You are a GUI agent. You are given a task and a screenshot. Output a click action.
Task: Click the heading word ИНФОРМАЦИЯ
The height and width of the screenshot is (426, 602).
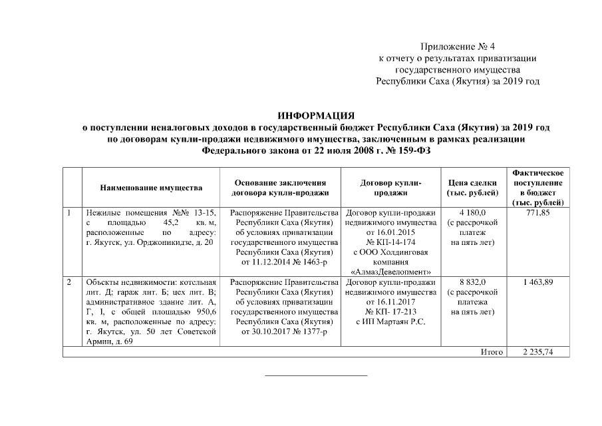click(316, 115)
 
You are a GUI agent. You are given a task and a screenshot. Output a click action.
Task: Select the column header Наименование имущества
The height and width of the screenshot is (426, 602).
click(151, 188)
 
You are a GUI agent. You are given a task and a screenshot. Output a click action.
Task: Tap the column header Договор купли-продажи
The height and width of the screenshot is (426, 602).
click(390, 188)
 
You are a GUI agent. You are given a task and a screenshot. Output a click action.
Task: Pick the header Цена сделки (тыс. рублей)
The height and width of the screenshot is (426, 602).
click(473, 188)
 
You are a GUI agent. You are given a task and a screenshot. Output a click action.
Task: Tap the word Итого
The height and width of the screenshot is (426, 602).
click(492, 352)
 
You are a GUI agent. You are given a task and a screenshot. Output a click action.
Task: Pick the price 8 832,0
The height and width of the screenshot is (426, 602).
click(473, 283)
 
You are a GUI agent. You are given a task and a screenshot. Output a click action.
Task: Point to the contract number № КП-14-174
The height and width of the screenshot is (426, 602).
click(390, 242)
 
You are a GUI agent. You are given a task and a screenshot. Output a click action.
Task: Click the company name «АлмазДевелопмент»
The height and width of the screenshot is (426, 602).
click(390, 272)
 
